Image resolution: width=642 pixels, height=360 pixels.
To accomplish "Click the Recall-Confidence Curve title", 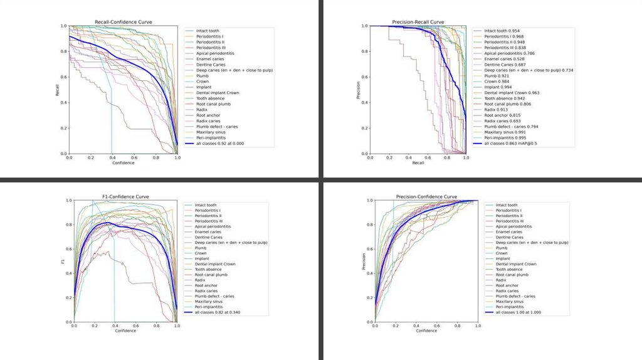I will click(x=123, y=22).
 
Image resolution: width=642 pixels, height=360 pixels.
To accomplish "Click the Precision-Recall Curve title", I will click(x=418, y=22).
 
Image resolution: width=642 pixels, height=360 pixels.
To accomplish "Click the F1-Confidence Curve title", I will click(x=125, y=197).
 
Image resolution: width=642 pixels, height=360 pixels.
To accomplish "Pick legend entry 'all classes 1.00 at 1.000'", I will click(x=518, y=312).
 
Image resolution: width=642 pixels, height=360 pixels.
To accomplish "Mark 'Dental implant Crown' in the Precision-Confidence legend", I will click(x=516, y=264).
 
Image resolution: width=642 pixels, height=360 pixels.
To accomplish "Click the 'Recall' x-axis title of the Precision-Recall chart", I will click(x=418, y=163).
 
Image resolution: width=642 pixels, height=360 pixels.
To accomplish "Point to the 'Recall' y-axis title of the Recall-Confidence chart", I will click(x=56, y=90).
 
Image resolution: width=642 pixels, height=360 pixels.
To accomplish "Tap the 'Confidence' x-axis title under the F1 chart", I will click(x=125, y=331).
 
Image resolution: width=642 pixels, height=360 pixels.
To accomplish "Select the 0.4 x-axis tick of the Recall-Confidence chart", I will click(x=112, y=158).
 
